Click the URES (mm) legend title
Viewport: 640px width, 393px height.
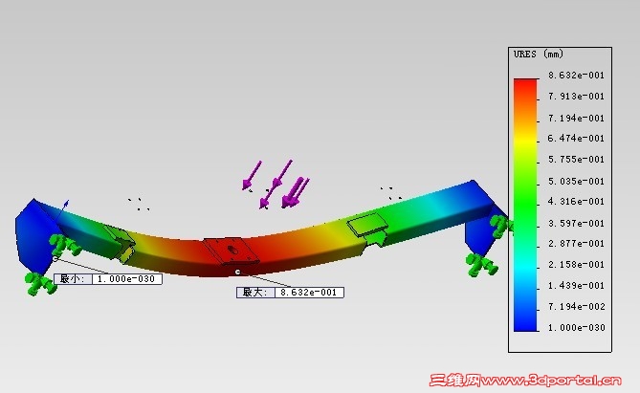click(539, 54)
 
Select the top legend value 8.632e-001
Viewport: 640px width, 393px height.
click(576, 76)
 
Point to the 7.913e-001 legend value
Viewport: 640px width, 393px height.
click(576, 97)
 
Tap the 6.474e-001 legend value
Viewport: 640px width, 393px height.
click(576, 139)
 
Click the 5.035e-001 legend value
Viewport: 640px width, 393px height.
click(576, 181)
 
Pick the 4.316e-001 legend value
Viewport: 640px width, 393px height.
click(576, 202)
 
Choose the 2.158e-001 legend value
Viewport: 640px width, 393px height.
click(576, 265)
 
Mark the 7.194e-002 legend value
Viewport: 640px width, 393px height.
click(576, 307)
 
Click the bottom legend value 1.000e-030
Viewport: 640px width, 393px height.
click(576, 327)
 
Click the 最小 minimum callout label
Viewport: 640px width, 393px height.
click(73, 279)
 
